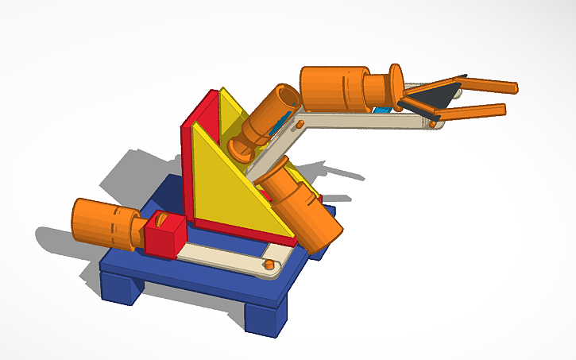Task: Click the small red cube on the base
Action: click(x=164, y=236)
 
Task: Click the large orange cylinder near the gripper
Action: click(x=334, y=87)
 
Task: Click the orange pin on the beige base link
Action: click(x=269, y=263)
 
